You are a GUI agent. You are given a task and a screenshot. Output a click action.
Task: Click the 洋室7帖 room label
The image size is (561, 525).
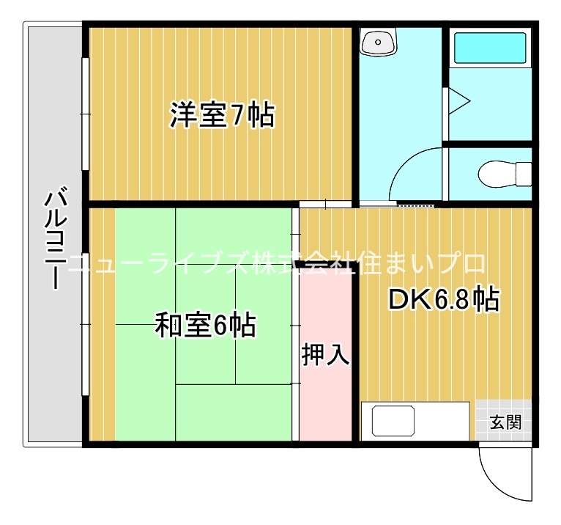(x=222, y=115)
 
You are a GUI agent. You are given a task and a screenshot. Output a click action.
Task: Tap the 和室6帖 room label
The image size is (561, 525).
(x=205, y=325)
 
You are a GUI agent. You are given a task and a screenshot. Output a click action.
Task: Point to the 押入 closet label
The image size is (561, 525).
(x=325, y=355)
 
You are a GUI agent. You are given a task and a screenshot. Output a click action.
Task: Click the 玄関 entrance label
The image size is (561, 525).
(x=505, y=422)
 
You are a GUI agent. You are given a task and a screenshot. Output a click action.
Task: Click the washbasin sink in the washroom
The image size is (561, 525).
(x=378, y=43)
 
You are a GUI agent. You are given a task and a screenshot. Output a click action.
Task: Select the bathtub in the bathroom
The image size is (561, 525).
(x=490, y=48)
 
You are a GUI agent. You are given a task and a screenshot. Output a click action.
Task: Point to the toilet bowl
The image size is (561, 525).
(x=505, y=175)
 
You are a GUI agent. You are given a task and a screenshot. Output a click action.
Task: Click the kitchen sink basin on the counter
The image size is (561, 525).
(x=393, y=421)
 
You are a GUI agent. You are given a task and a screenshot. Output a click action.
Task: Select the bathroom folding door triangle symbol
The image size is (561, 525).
(x=458, y=101)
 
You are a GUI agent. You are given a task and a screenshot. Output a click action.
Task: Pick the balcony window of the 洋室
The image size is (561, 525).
(x=85, y=114)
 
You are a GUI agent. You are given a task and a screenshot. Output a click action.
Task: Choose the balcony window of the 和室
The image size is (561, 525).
(x=85, y=324)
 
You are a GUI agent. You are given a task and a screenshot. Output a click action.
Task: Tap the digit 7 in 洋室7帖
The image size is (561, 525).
(x=234, y=115)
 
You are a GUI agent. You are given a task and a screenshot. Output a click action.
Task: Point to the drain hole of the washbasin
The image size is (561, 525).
(x=378, y=43)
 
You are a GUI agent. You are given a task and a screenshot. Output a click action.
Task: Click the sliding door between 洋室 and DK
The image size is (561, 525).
(x=326, y=205)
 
